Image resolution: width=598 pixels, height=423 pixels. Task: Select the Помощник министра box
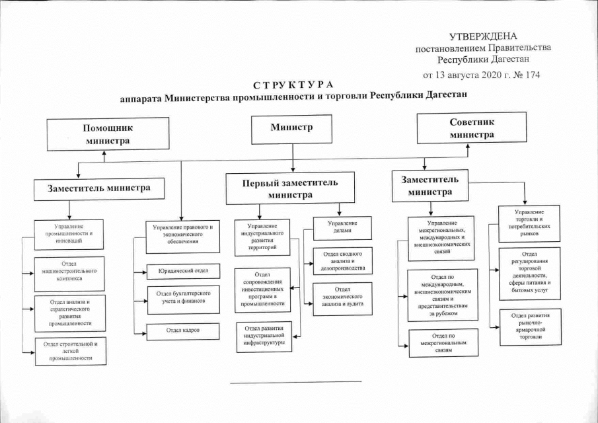click(106, 134)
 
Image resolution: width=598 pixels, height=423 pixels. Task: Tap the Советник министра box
click(471, 128)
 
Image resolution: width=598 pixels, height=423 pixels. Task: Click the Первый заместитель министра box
click(291, 188)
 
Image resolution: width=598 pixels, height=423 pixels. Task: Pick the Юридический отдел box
click(183, 271)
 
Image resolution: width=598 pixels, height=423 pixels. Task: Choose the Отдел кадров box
click(183, 330)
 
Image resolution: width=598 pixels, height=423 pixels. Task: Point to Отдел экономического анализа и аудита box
click(342, 298)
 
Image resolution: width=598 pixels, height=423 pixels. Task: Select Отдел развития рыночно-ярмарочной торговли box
click(530, 326)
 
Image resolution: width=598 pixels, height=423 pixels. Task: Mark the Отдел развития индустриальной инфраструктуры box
click(264, 336)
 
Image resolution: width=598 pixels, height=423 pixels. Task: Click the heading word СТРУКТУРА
click(293, 85)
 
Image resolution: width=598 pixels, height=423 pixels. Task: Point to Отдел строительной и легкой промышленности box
click(69, 350)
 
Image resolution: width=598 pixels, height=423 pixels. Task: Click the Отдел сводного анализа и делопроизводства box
click(342, 260)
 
